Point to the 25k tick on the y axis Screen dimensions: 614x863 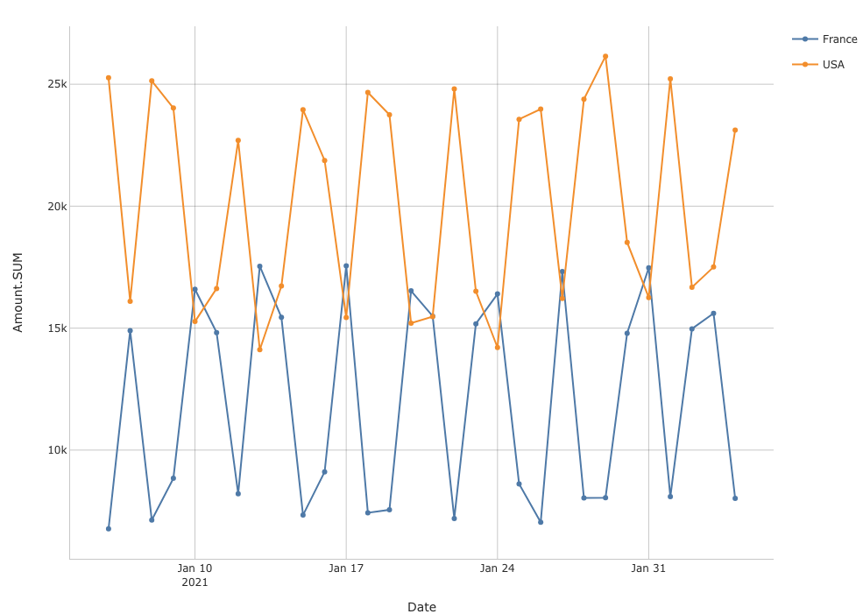click(57, 84)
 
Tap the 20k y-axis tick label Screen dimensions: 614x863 click(57, 207)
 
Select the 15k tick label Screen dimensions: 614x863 click(57, 328)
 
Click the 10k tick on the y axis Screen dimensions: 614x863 click(57, 450)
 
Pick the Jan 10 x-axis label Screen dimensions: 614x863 click(195, 568)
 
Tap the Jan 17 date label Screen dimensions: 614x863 click(346, 568)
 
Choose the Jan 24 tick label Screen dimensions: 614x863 click(497, 568)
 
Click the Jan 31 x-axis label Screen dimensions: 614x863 click(648, 568)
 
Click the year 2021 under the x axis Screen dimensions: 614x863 click(195, 582)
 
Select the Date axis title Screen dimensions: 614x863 click(421, 607)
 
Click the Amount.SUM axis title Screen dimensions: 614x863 click(18, 292)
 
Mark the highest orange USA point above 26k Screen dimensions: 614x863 click(605, 56)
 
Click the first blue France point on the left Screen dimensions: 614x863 click(109, 529)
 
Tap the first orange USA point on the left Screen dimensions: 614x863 click(109, 78)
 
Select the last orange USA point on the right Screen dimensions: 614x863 click(735, 130)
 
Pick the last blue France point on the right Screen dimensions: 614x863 click(735, 498)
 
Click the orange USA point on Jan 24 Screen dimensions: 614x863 click(497, 348)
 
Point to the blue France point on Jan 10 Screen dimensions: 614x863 click(195, 289)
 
